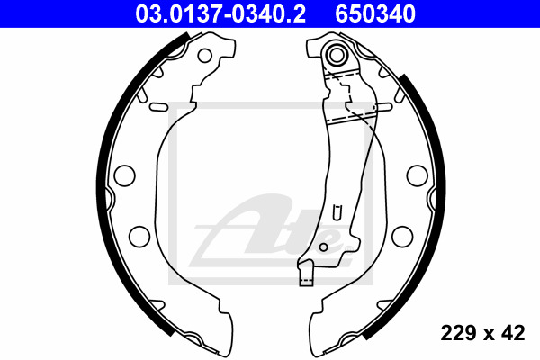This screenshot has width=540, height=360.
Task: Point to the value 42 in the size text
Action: point(514,333)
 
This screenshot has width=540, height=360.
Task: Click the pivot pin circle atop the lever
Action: point(338,55)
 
